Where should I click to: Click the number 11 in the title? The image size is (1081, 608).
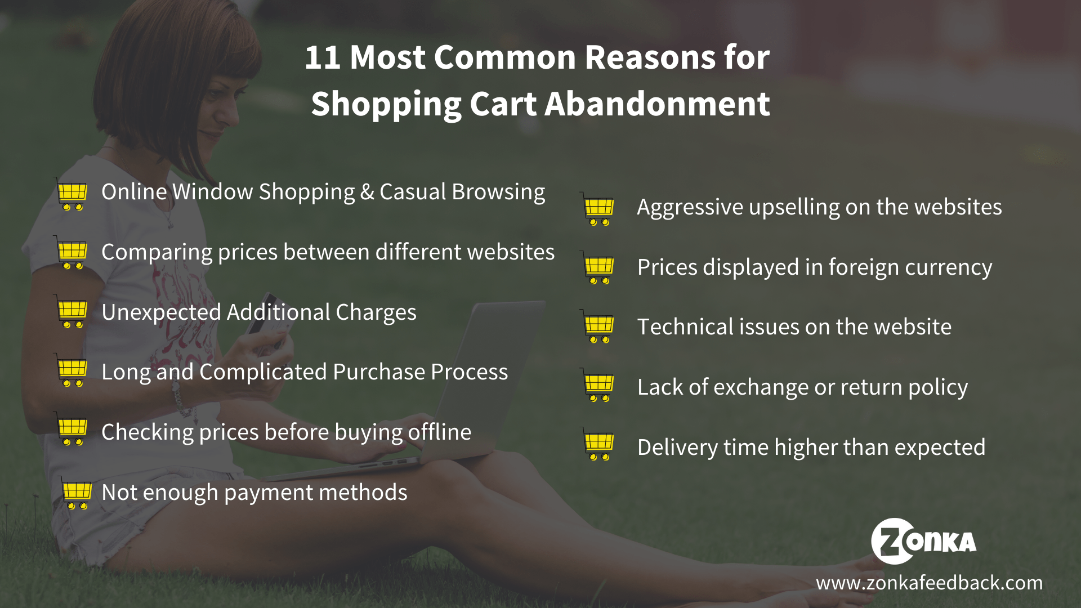[x=323, y=57]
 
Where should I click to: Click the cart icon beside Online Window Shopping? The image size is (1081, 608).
[x=72, y=194]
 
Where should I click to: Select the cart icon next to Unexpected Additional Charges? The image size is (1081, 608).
[x=72, y=311]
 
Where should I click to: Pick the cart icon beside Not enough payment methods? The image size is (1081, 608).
[x=75, y=493]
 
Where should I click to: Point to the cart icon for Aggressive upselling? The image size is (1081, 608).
[x=598, y=209]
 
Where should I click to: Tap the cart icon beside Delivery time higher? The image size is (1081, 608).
[x=598, y=444]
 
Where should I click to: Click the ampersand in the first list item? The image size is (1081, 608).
[x=367, y=193]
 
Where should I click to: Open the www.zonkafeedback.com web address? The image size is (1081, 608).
[x=930, y=583]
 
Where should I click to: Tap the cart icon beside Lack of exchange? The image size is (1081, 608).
[x=598, y=386]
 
